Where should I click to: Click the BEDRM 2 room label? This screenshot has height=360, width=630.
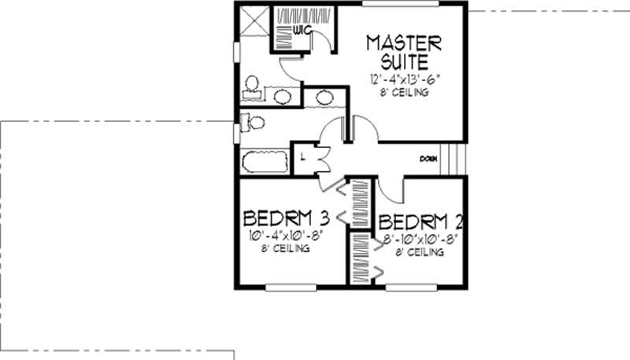pyautogui.click(x=417, y=221)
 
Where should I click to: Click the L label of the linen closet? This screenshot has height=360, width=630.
pyautogui.click(x=303, y=157)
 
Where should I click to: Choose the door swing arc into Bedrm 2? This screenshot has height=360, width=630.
pyautogui.click(x=391, y=189)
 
